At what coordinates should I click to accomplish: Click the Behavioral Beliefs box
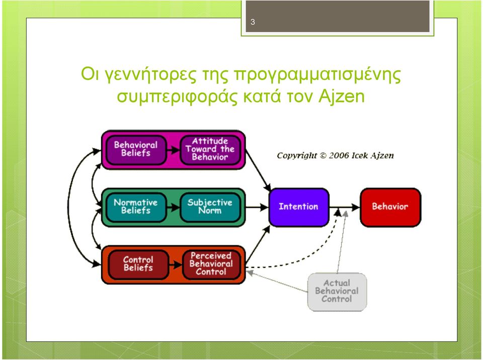click(136, 150)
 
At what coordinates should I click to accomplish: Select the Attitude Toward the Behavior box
click(210, 150)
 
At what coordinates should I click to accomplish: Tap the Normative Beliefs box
click(136, 207)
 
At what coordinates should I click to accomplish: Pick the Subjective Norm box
click(210, 207)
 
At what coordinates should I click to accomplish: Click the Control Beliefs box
click(139, 264)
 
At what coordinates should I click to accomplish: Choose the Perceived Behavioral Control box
click(211, 264)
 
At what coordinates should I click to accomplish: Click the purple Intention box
click(299, 207)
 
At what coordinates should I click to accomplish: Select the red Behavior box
click(390, 207)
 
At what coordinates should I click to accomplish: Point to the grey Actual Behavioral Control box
click(337, 292)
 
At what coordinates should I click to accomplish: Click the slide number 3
click(253, 22)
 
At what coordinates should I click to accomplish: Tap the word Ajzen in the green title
click(341, 97)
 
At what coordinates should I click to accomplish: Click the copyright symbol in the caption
click(323, 155)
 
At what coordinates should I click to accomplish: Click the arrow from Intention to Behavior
click(344, 207)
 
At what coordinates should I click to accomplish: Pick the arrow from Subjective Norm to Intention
click(257, 207)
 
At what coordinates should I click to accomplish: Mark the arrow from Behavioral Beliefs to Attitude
click(173, 150)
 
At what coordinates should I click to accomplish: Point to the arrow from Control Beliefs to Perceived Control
click(176, 265)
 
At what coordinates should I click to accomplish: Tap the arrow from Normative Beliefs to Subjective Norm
click(173, 208)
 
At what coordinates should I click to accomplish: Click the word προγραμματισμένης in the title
click(317, 75)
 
